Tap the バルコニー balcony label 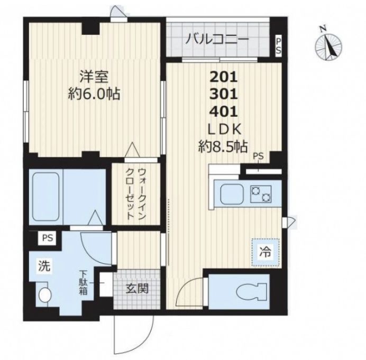[x=217, y=39]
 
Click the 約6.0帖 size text [x=94, y=94]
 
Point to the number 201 [x=224, y=77]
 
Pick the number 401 [x=224, y=112]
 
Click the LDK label [x=224, y=130]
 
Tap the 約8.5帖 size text [x=223, y=146]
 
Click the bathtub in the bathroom [x=45, y=197]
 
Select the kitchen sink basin [x=232, y=194]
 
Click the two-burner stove [x=261, y=194]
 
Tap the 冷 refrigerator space [x=266, y=253]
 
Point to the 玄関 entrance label [x=137, y=289]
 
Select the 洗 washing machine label [x=44, y=266]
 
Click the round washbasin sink [x=45, y=295]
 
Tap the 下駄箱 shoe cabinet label [x=83, y=282]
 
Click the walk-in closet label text [x=136, y=193]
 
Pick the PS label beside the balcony [x=279, y=46]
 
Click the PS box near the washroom [x=48, y=238]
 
